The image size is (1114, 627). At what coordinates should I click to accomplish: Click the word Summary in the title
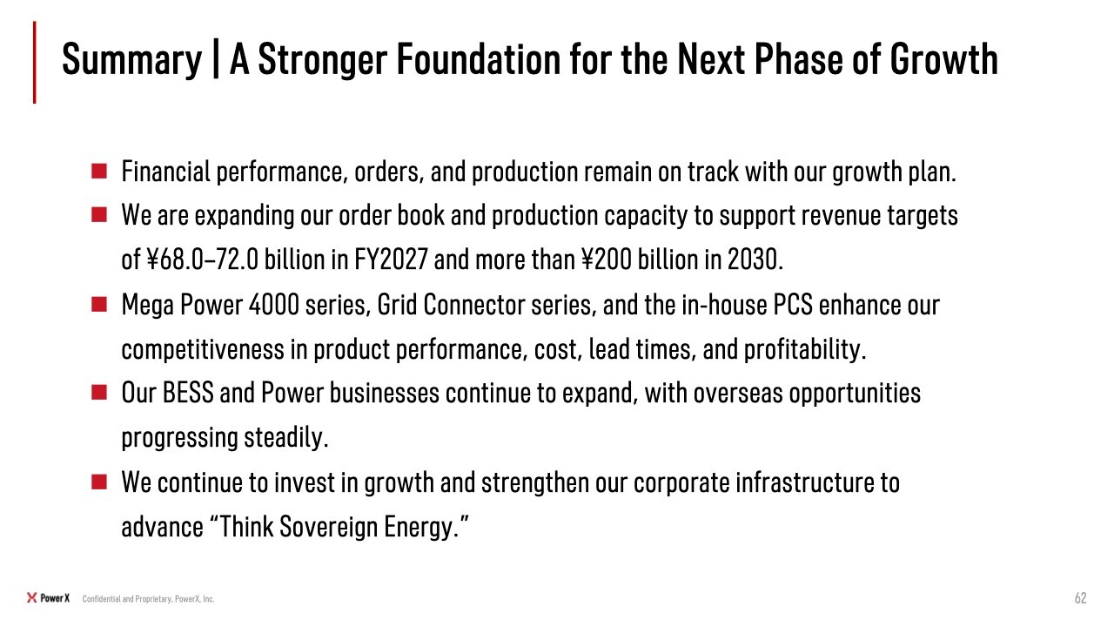(x=131, y=60)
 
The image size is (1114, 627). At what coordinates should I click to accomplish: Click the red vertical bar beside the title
(x=34, y=62)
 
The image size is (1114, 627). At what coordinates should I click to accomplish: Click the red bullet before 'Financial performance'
(x=99, y=172)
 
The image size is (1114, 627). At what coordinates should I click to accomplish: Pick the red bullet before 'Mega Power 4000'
(x=99, y=304)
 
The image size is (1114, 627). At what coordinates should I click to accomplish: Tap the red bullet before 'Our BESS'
(x=99, y=392)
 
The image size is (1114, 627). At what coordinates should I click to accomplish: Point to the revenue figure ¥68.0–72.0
(x=203, y=260)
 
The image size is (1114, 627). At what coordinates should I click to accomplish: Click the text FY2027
(x=391, y=260)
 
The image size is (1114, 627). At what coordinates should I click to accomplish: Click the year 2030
(x=753, y=260)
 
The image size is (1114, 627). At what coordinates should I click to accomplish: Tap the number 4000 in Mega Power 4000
(x=273, y=304)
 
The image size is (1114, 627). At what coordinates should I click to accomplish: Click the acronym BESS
(x=188, y=393)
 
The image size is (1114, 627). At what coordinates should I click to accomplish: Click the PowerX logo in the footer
(x=48, y=597)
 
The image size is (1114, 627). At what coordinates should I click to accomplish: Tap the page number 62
(x=1081, y=597)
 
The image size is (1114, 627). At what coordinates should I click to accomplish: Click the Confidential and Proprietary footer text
(x=148, y=598)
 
